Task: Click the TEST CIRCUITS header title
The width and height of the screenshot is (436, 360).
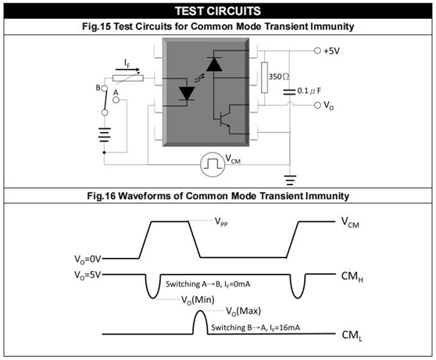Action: point(218,11)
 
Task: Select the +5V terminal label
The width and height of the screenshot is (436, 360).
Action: point(331,51)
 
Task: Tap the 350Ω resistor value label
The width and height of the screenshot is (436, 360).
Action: point(279,77)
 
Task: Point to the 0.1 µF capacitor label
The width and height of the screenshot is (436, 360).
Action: point(309,91)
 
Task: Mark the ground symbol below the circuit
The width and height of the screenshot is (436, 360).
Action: point(290,180)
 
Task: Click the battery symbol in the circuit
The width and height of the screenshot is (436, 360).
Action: point(104,135)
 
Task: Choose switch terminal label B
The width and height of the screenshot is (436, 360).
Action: point(98,87)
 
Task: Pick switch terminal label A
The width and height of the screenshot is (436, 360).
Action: point(116,93)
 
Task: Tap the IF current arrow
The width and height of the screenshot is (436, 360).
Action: point(127,70)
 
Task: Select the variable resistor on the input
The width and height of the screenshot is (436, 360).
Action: point(128,78)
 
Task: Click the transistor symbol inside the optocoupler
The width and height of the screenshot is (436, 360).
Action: point(225,118)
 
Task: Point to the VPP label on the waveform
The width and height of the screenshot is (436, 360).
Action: point(221,222)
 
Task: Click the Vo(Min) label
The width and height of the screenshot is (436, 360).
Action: point(198,300)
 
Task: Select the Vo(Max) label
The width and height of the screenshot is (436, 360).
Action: point(243,311)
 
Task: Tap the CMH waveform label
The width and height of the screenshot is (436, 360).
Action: point(352,277)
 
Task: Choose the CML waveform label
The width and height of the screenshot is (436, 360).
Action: point(352,336)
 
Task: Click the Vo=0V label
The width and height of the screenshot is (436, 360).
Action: point(88,259)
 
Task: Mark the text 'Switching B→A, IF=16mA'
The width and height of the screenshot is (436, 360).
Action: point(256,328)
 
